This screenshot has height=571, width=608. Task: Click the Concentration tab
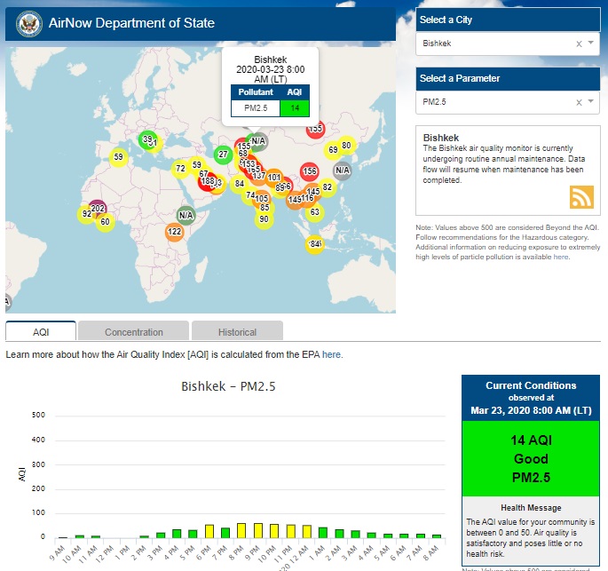coord(134,332)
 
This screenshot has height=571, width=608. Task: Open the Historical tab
coord(237,332)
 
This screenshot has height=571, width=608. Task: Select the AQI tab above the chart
coord(41,332)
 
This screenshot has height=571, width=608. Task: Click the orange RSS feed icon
coord(581,196)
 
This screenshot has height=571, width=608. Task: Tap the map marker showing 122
coord(174,232)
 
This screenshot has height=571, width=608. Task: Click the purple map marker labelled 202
coord(98,209)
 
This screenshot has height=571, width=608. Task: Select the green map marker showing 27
coord(223,155)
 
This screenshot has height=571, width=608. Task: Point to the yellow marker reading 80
coord(347,146)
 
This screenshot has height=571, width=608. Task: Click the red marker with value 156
coord(309,171)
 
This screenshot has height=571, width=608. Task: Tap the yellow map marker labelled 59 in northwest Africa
coord(118,157)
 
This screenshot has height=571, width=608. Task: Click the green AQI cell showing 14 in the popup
coord(294,108)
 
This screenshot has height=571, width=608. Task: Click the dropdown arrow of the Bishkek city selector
coord(590,43)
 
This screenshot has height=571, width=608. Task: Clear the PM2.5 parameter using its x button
coord(579,102)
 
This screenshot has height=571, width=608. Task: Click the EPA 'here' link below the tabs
coord(331,354)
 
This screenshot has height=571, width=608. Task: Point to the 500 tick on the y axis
coord(38,415)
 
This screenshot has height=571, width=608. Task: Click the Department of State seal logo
coord(24,23)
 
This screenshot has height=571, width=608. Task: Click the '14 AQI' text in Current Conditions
coord(530,440)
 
